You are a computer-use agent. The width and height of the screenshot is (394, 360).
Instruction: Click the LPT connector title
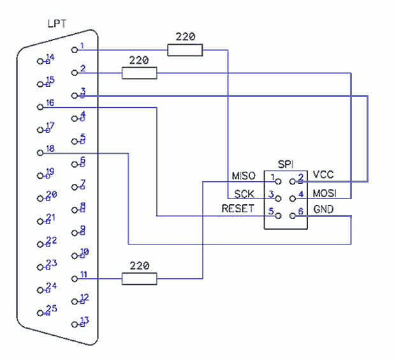point(57,24)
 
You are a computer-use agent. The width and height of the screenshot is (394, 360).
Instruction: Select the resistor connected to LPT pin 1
point(185,50)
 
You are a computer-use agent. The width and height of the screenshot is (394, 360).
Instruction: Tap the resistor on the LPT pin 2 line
point(140,73)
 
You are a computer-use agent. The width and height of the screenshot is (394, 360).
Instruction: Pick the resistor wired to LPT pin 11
point(140,279)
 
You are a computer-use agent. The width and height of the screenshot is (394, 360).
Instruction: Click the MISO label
point(244,176)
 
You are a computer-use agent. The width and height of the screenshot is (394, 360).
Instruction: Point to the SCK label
point(244,194)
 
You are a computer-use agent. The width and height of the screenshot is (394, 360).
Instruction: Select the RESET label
point(238,209)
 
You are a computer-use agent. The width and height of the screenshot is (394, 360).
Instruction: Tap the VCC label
point(323,175)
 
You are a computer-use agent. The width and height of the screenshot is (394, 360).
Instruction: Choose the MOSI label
point(325,193)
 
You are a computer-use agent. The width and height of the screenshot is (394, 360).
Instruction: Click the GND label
point(323,209)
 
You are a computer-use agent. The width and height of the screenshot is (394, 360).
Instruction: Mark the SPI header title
point(286,164)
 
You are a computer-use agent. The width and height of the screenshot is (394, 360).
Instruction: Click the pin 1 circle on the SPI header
point(278,181)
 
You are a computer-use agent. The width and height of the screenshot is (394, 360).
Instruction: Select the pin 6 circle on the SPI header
point(293,216)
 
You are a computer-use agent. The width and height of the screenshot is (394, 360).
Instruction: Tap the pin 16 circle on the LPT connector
point(40,107)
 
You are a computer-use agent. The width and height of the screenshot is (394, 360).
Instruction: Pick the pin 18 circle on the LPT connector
point(40,153)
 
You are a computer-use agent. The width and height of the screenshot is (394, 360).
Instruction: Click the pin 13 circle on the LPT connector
point(75,324)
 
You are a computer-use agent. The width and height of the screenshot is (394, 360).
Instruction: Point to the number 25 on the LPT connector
point(52,308)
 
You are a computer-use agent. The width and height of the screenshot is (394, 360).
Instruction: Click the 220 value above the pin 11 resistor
point(140,266)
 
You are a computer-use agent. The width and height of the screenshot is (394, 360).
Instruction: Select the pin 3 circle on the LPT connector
point(75,96)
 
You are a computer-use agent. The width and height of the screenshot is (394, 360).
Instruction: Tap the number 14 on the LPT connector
point(50,57)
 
